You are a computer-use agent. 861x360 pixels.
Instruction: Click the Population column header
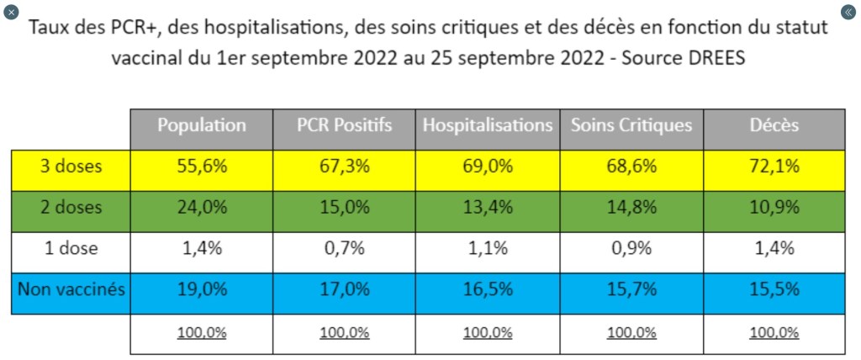pos(202,126)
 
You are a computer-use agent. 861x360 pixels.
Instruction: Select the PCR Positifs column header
pos(345,126)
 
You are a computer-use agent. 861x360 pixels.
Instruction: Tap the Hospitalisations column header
pos(488,126)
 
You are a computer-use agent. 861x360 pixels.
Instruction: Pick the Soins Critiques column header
pos(631,126)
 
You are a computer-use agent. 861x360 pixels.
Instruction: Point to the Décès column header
pos(774,126)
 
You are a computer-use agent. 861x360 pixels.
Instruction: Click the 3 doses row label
pos(71,167)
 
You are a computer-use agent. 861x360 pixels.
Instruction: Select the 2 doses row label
pos(71,208)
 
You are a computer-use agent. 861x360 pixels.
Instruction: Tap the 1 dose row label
pos(71,249)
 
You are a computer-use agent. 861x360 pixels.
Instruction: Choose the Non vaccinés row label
pos(71,290)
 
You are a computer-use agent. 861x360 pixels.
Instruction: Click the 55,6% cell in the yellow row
pos(202,167)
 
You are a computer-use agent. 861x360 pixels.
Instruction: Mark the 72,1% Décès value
pos(774,167)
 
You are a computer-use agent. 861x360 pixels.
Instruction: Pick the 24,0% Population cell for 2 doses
pos(202,208)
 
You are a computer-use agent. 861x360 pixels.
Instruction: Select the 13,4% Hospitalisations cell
pos(488,208)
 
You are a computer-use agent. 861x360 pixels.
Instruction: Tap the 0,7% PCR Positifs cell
pos(345,249)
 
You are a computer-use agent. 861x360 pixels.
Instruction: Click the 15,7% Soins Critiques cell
pos(631,290)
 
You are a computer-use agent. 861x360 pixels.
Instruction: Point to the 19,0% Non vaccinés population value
pos(202,290)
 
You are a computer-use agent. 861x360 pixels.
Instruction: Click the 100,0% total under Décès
pos(774,332)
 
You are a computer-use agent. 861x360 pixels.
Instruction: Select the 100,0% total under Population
pos(202,332)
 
